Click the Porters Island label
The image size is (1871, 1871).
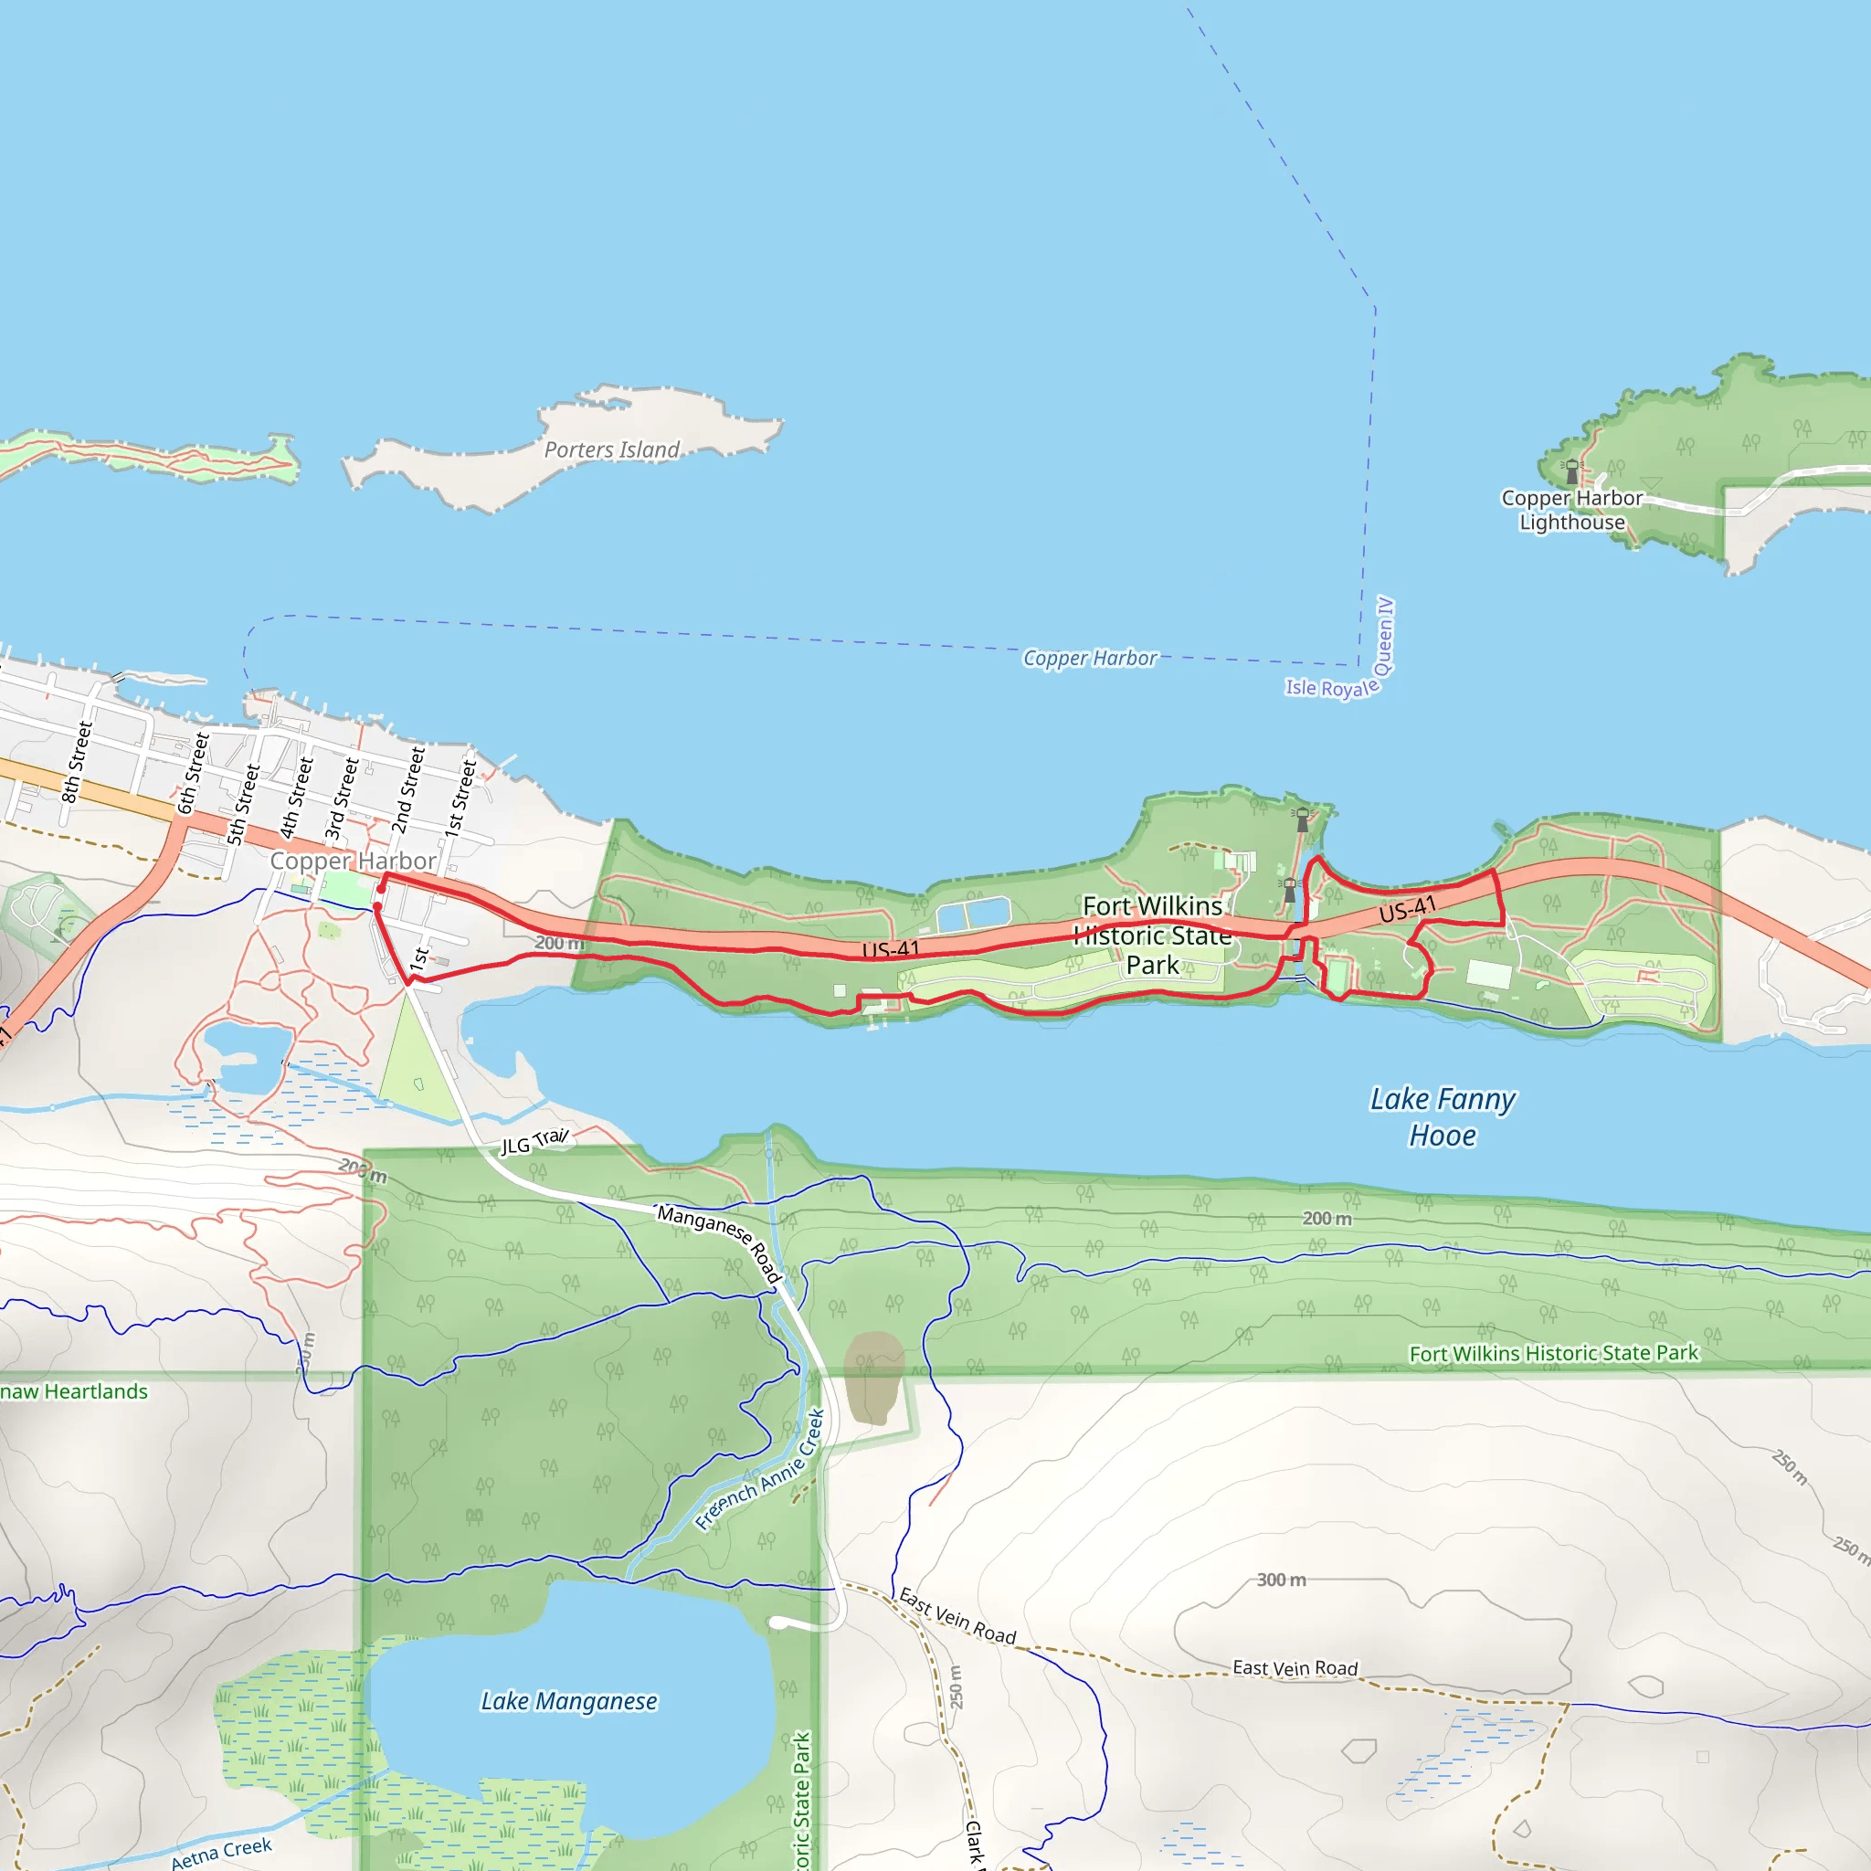point(611,449)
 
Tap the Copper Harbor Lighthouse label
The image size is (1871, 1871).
point(1571,510)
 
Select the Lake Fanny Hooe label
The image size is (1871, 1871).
point(1442,1116)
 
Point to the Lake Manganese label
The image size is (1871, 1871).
point(568,1701)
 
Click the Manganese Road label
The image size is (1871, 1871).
point(720,1241)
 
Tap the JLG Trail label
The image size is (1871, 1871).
point(534,1142)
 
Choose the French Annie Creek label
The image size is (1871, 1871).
point(760,1470)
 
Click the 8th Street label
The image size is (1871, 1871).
point(77,762)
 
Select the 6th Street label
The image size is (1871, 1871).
point(193,773)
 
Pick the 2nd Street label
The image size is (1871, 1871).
point(407,789)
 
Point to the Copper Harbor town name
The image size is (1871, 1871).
point(353,861)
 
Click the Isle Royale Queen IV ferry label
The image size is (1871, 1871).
point(1341,656)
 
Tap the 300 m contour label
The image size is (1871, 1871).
point(1281,1580)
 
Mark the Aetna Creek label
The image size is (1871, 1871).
point(222,1853)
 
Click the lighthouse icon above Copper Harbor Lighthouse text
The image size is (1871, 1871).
point(1570,471)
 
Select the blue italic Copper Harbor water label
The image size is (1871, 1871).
point(1090,659)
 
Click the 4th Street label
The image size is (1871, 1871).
point(296,797)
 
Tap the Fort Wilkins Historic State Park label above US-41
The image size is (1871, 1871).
point(1152,935)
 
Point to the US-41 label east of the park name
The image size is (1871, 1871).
point(1407,909)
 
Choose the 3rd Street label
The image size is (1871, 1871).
point(341,798)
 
